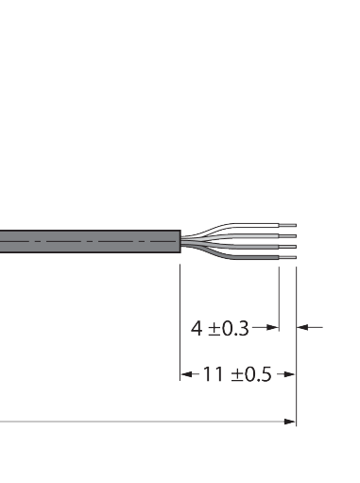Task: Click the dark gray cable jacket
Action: [90, 241]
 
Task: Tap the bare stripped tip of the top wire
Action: [287, 225]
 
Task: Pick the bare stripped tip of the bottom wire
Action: [287, 257]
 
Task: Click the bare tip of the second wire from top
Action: [287, 236]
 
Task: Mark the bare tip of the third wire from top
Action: [287, 247]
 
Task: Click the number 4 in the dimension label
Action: [197, 328]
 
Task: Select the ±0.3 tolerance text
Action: [229, 328]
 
